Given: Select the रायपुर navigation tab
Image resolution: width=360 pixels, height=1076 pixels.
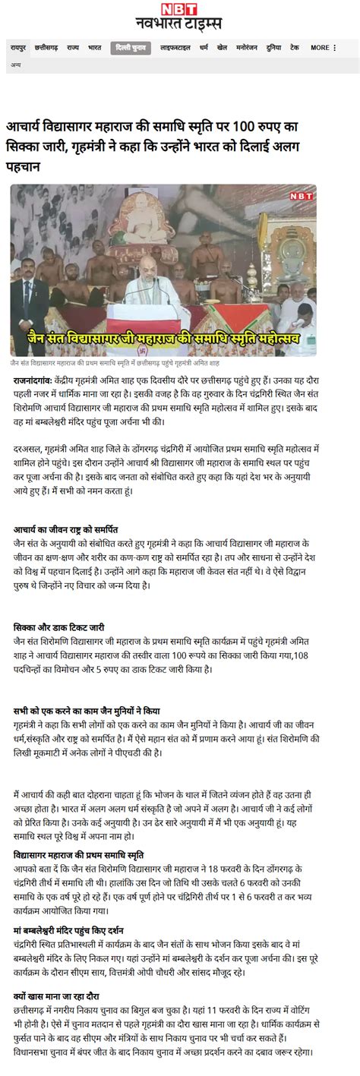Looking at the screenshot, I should pos(19,47).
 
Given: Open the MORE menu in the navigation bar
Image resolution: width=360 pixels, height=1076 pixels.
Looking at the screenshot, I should pos(322,47).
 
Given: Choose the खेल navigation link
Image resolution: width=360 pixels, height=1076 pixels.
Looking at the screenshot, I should pos(222,47).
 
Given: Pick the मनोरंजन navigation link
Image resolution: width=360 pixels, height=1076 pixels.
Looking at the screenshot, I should pos(247,47).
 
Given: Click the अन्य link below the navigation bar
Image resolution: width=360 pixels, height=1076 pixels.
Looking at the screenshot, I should pos(15,65).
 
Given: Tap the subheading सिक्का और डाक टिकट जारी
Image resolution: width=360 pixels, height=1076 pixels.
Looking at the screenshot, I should pos(59,627).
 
